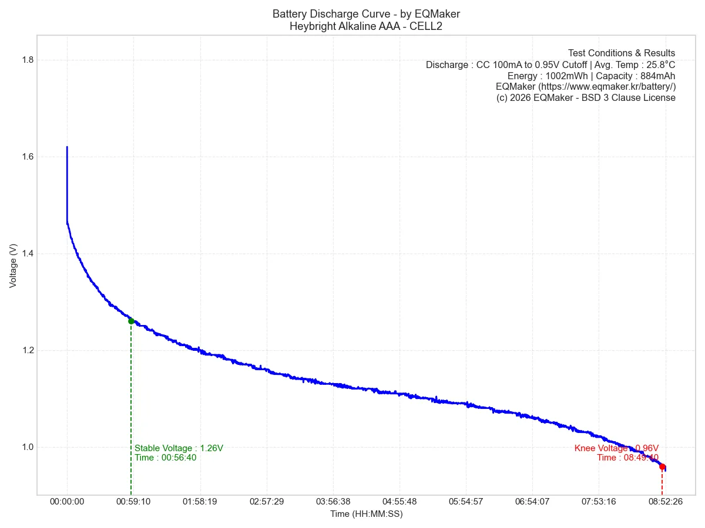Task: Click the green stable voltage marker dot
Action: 131,321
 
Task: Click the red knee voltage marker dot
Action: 662,466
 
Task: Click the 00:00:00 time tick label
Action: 67,502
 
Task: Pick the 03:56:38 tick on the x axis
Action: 333,502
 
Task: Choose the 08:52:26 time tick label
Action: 665,502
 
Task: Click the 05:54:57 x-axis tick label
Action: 466,502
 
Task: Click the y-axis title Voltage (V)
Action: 13,265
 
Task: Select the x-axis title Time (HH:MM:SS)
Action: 366,514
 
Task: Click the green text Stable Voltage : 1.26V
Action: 179,448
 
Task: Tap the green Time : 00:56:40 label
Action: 165,458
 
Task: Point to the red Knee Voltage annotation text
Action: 616,448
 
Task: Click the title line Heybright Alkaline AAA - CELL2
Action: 366,26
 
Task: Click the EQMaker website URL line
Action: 585,87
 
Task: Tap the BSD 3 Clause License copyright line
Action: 586,98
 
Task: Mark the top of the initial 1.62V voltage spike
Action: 67,147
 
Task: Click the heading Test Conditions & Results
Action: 622,53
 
